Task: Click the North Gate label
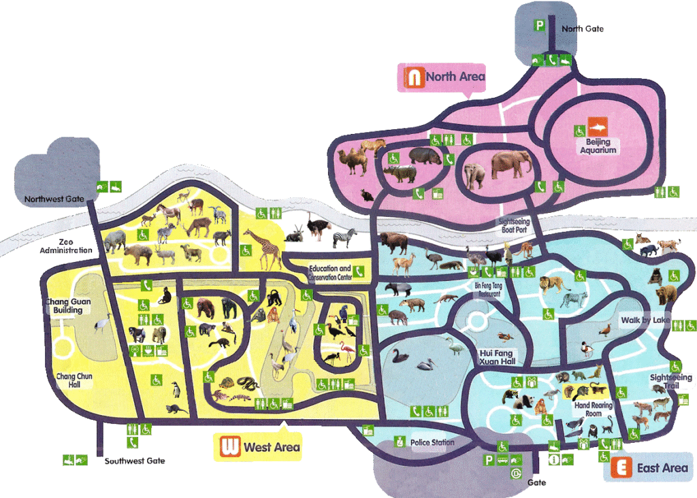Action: [582, 29]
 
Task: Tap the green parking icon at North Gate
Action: [539, 27]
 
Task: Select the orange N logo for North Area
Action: [413, 77]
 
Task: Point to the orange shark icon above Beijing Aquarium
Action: [597, 128]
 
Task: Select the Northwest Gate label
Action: [54, 199]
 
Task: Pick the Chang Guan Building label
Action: [68, 305]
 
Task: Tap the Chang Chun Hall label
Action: [74, 380]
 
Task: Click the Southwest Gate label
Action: [135, 461]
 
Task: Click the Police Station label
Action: [432, 443]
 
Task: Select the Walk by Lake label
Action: [645, 320]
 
